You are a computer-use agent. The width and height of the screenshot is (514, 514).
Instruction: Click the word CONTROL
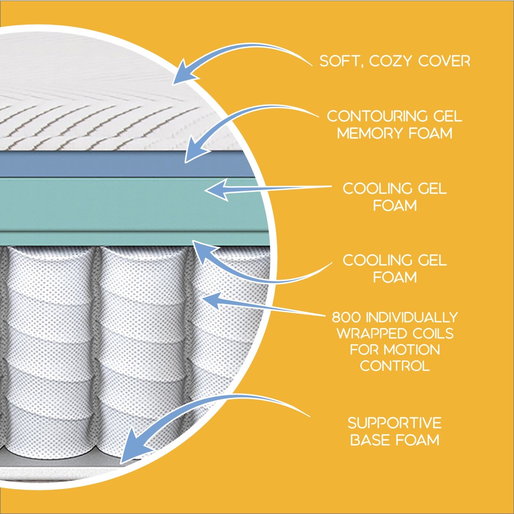(394, 366)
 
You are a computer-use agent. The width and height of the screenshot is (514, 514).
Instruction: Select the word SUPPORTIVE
(394, 423)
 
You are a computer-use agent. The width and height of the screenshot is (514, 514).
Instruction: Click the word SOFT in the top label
(338, 61)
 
